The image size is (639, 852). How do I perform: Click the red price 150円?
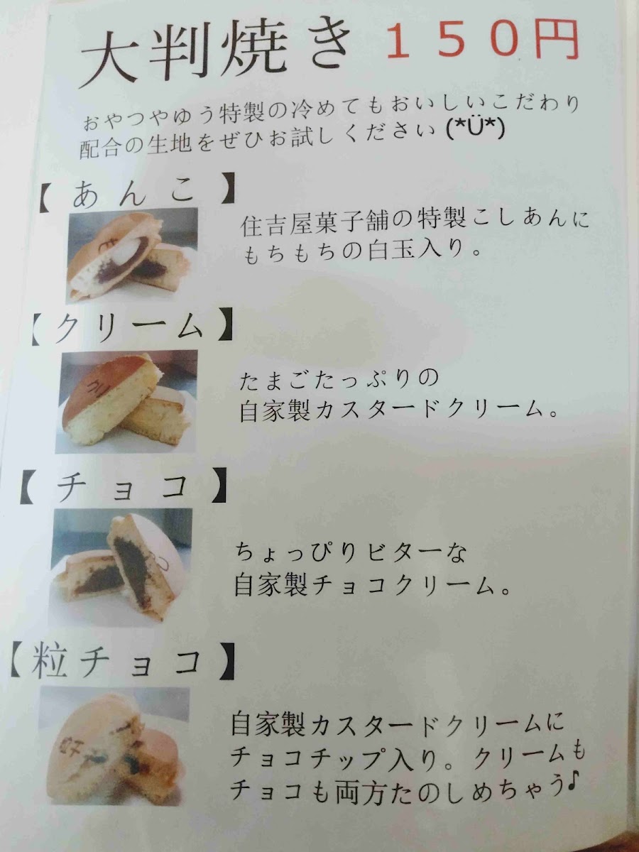[482, 41]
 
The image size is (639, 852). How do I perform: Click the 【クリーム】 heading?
[132, 329]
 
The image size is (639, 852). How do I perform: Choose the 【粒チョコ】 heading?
[122, 660]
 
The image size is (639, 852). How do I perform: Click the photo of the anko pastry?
[132, 256]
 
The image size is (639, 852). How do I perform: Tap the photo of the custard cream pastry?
[127, 402]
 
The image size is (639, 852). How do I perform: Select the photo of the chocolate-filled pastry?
[116, 567]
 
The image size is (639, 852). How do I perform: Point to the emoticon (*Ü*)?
[476, 130]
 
